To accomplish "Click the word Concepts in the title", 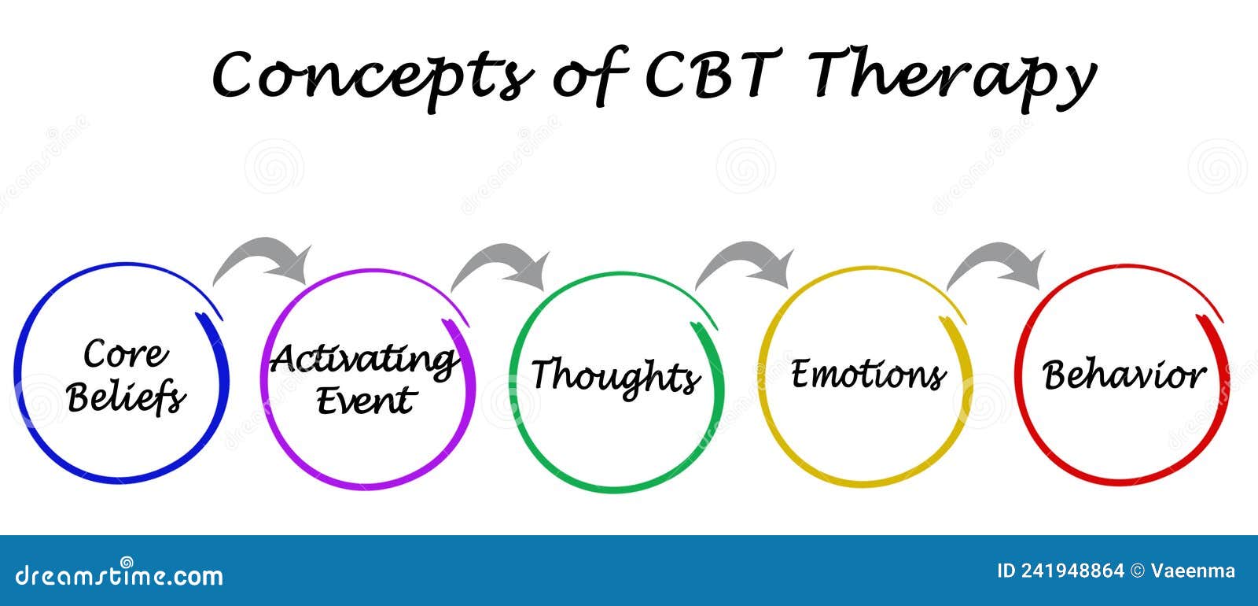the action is (372, 78).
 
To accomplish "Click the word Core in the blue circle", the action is (126, 353).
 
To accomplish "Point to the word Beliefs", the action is (126, 397).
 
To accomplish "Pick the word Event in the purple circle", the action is (366, 401).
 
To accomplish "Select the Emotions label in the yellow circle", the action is (868, 373).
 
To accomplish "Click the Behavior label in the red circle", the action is (1124, 375).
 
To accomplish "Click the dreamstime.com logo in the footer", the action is (119, 574).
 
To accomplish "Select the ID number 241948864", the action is (1072, 571).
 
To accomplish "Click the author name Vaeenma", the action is (1193, 571).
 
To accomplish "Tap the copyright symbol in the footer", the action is (1137, 571).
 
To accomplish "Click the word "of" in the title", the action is (589, 76).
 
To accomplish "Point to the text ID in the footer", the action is (1006, 571).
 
